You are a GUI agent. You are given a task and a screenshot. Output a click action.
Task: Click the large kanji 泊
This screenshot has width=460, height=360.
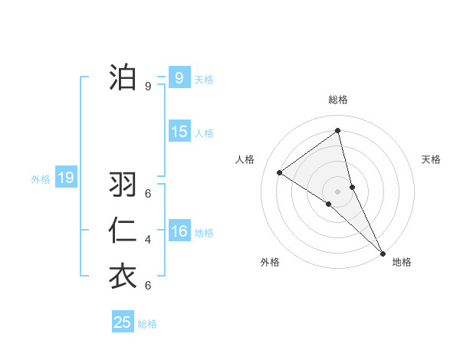click(x=123, y=77)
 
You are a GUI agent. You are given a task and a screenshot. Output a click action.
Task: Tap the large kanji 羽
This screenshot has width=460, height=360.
click(x=123, y=185)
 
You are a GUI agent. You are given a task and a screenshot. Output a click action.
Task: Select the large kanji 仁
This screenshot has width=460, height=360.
click(x=123, y=231)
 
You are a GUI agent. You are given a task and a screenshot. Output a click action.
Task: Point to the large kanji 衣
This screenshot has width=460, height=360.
click(x=123, y=277)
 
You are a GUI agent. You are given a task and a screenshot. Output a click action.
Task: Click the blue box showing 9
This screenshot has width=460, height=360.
click(x=179, y=78)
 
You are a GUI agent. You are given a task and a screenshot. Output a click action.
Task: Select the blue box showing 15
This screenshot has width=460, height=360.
click(x=179, y=132)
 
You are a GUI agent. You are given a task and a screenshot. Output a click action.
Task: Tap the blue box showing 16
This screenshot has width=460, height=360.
click(x=179, y=231)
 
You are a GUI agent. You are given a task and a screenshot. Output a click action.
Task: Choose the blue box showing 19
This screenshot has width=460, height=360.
click(x=65, y=178)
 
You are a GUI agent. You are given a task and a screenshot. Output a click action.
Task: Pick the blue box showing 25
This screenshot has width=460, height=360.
click(x=122, y=322)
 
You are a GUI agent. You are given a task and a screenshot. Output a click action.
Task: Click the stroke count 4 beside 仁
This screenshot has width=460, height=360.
click(x=148, y=240)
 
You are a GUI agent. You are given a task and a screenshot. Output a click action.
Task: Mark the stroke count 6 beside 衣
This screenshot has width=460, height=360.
click(x=148, y=286)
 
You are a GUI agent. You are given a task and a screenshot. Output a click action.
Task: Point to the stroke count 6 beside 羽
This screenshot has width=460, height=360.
click(x=148, y=194)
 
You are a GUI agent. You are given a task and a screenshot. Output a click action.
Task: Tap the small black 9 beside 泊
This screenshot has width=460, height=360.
click(x=148, y=87)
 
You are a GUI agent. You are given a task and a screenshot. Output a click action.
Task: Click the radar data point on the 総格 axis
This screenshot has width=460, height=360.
click(x=338, y=131)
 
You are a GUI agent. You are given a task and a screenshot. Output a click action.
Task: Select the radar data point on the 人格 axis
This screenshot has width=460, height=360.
click(x=280, y=172)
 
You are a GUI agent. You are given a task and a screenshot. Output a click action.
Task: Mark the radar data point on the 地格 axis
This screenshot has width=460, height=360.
click(x=382, y=252)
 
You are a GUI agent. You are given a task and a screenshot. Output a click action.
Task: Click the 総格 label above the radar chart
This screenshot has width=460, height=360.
click(x=338, y=100)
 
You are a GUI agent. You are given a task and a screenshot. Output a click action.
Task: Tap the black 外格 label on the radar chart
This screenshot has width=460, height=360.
click(x=270, y=262)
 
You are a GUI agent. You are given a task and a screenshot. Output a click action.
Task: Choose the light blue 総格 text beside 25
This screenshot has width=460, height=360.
click(x=147, y=324)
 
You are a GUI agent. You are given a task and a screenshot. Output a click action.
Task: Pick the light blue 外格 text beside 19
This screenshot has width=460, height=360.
click(x=41, y=180)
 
